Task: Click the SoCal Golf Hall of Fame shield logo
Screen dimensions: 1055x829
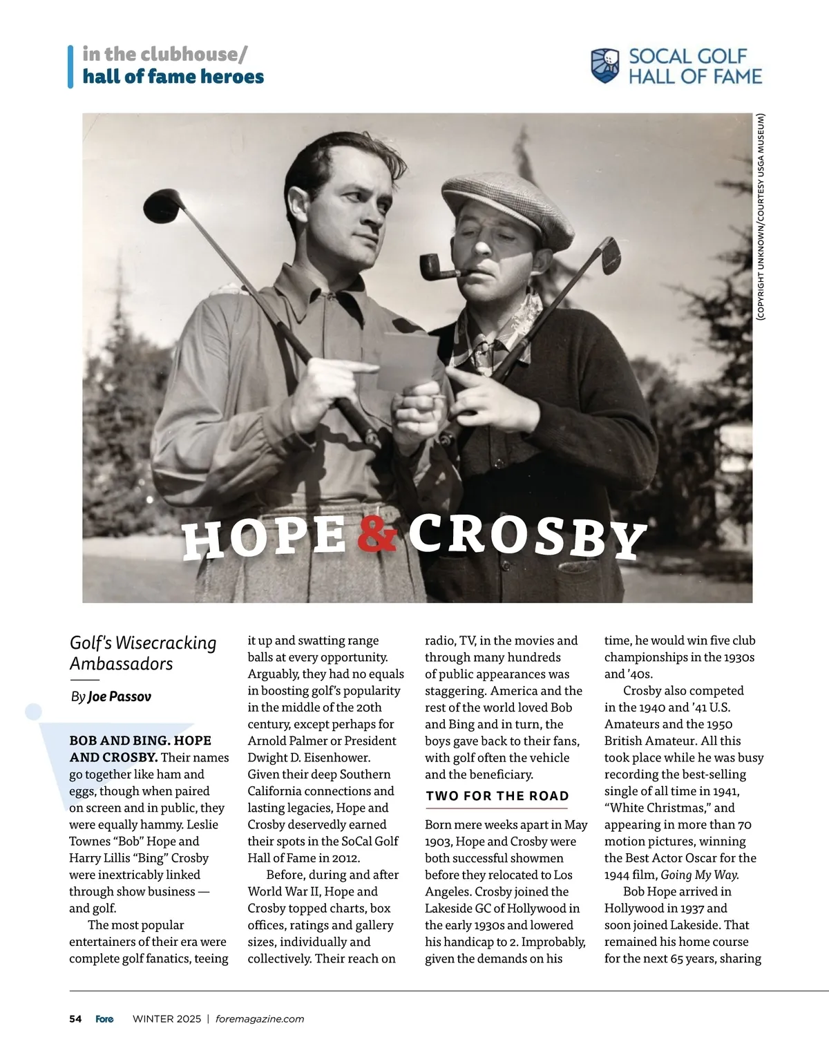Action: pyautogui.click(x=605, y=66)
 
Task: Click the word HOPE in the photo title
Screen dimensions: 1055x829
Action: pyautogui.click(x=265, y=538)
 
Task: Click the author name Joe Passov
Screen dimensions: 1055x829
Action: pyautogui.click(x=119, y=696)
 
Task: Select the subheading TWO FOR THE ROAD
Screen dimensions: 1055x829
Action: pyautogui.click(x=497, y=796)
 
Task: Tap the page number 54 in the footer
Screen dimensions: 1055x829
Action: pyautogui.click(x=75, y=1019)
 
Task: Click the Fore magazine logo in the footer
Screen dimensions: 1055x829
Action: pyautogui.click(x=105, y=1019)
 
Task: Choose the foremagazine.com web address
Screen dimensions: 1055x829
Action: pyautogui.click(x=260, y=1019)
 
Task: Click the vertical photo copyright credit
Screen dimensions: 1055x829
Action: pyautogui.click(x=761, y=216)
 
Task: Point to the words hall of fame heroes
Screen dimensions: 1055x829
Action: pyautogui.click(x=173, y=77)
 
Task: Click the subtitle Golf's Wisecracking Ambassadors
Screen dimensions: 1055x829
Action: pyautogui.click(x=143, y=653)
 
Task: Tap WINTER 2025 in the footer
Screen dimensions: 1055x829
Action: pyautogui.click(x=166, y=1019)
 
